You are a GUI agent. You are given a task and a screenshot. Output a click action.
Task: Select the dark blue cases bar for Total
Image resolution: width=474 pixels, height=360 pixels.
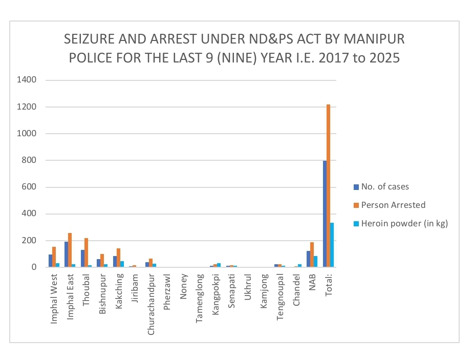pos(325,214)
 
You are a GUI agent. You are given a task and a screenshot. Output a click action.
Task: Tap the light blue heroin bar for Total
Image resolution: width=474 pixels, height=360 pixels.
pos(332,245)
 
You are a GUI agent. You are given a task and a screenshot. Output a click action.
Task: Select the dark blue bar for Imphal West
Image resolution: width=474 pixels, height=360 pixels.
pos(50,261)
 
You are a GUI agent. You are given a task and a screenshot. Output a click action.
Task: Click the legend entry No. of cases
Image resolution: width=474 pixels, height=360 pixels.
pos(385,186)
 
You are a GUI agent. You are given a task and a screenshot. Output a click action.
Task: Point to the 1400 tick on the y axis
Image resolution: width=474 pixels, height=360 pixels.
pos(27,80)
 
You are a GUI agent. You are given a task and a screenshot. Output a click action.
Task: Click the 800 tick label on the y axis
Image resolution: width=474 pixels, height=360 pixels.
pos(29,160)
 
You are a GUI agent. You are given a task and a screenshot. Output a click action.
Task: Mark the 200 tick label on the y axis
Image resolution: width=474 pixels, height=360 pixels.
pos(29,241)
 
